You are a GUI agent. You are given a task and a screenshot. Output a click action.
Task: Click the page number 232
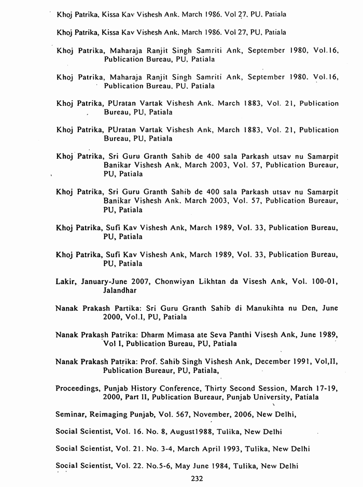[197, 479]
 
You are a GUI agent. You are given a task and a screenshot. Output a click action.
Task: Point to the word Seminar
[71, 414]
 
